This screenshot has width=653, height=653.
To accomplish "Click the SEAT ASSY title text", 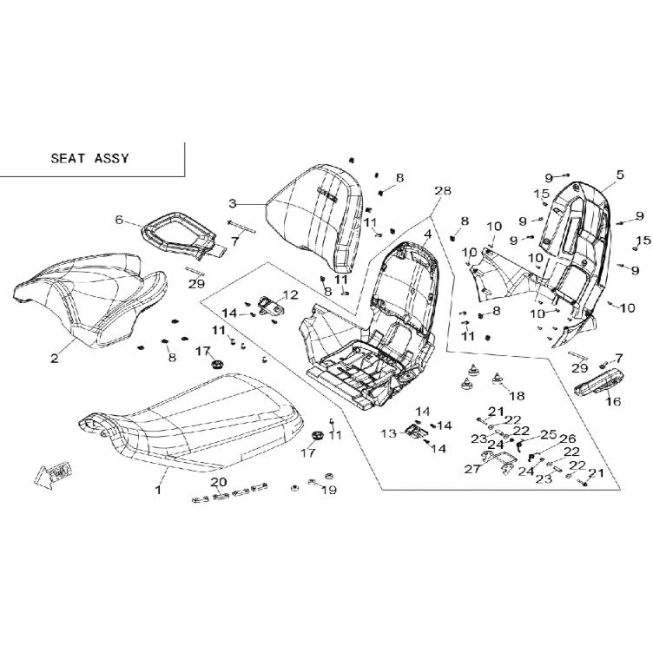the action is (90, 158).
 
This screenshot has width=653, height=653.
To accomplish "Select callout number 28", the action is (443, 190).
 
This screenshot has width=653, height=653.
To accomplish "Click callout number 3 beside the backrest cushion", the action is (233, 204).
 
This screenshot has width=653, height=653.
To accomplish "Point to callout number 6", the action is (119, 220).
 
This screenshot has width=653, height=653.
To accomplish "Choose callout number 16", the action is (613, 401).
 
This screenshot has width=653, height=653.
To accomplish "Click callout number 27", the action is (472, 469).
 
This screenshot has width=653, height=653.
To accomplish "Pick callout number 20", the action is (219, 482).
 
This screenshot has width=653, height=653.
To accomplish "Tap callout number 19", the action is (329, 490).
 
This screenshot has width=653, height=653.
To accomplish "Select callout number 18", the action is (518, 396).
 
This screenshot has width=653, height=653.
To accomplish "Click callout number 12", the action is (291, 295).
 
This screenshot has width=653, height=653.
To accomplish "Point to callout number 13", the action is (389, 434).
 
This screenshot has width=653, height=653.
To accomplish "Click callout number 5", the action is (621, 175).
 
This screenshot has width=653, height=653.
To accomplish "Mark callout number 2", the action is (55, 358).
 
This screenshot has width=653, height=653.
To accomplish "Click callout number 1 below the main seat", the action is (158, 490).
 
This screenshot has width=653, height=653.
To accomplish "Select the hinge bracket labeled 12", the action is (271, 307).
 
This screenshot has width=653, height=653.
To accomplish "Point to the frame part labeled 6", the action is (179, 234).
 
